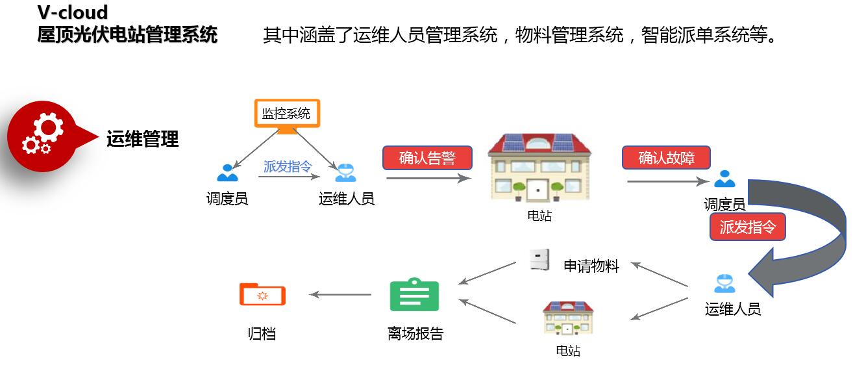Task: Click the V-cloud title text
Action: (73, 12)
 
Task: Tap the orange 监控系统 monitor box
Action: (286, 114)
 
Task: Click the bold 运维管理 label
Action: (142, 138)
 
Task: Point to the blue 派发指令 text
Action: (288, 166)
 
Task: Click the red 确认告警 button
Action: (426, 158)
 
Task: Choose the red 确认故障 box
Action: (666, 157)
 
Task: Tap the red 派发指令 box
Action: (748, 227)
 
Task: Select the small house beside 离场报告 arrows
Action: (568, 318)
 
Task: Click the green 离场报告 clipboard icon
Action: (414, 296)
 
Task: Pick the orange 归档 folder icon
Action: (262, 294)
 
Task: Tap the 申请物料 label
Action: (591, 266)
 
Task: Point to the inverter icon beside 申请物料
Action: (539, 260)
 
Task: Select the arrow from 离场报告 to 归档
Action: (340, 295)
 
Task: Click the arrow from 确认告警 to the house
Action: (428, 178)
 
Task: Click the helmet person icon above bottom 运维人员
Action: (724, 283)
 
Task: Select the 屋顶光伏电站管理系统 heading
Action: (127, 34)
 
